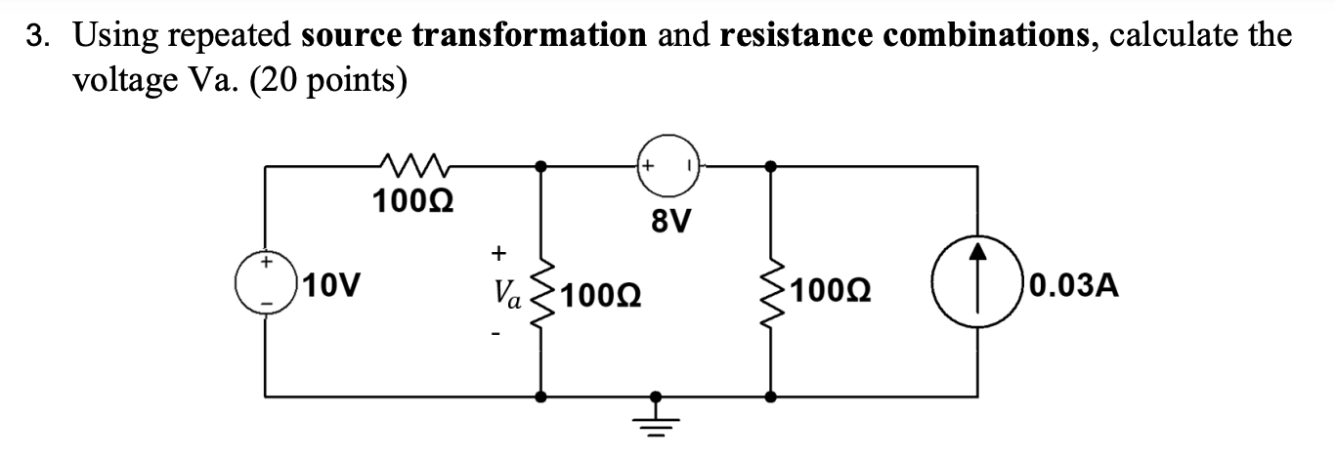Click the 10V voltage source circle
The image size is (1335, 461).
click(265, 284)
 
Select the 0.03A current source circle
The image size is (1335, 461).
click(978, 284)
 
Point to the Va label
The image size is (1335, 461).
click(508, 291)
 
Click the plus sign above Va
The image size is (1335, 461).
click(497, 253)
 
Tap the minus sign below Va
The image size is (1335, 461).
click(497, 337)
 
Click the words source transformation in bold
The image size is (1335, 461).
click(474, 36)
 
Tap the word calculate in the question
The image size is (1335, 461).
click(1171, 36)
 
